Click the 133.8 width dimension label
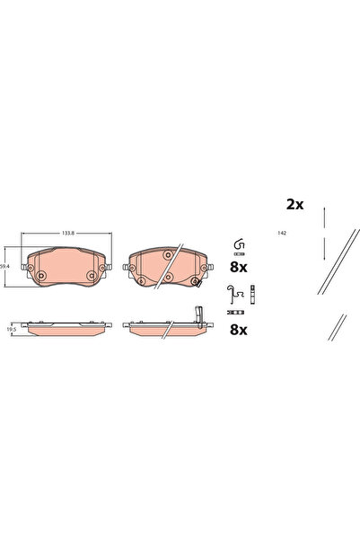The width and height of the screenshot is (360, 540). coord(66,234)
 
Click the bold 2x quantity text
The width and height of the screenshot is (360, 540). coord(294,204)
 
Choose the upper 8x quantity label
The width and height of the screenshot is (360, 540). coord(239,268)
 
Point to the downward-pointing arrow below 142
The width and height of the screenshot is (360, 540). coord(324,249)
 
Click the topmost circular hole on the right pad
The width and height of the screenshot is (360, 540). coord(167,255)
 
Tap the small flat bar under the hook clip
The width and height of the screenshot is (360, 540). coord(240,255)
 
